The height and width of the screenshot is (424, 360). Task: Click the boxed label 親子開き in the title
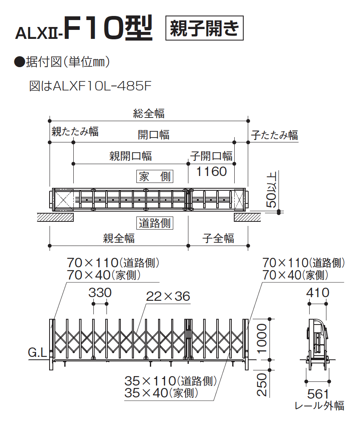(x=204, y=28)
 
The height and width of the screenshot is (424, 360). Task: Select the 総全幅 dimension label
(x=149, y=113)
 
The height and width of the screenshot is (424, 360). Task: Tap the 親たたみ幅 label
(x=75, y=131)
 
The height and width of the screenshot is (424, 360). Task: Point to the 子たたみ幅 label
(x=274, y=135)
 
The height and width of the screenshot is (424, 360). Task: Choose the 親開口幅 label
(x=130, y=156)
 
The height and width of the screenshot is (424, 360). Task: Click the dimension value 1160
(x=211, y=171)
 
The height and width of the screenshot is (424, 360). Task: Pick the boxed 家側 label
(x=155, y=177)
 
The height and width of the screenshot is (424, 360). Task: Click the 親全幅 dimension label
(x=119, y=238)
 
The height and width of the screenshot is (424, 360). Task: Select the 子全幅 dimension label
(x=218, y=238)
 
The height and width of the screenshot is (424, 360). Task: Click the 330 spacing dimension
(x=100, y=293)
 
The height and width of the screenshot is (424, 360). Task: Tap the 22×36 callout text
(x=168, y=296)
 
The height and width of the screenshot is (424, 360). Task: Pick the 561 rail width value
(x=318, y=394)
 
